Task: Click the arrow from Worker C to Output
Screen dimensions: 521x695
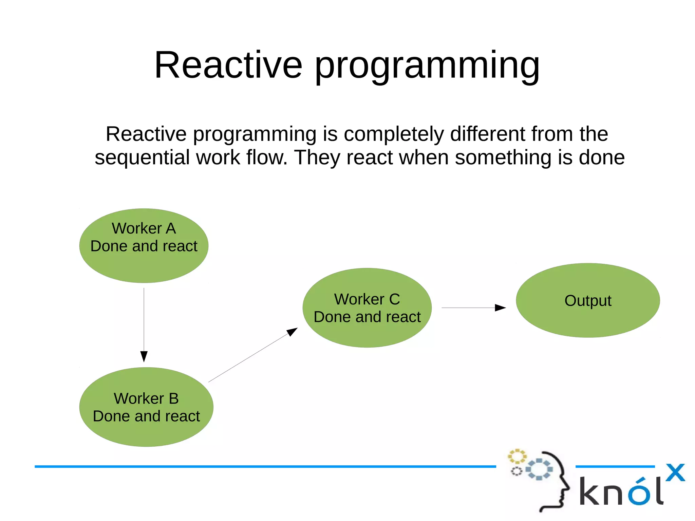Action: [x=472, y=308]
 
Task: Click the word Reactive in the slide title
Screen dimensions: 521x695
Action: [x=228, y=65]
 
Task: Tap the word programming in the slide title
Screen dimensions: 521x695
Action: [x=427, y=66]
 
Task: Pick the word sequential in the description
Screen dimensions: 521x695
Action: [x=142, y=158]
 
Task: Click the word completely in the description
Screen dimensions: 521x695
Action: [x=394, y=134]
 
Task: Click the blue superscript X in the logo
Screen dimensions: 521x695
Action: [x=675, y=472]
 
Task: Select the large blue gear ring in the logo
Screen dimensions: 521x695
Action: [x=539, y=469]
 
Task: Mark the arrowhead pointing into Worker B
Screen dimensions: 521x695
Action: [x=144, y=356]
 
